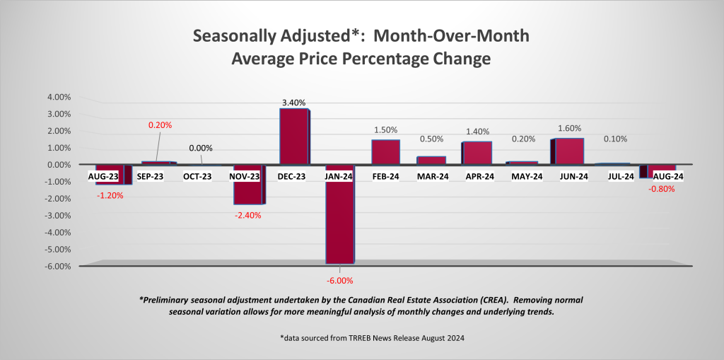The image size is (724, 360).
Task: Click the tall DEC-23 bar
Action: pos(294,136)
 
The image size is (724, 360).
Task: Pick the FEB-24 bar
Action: pos(385,151)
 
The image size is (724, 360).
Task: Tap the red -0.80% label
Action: pos(661,189)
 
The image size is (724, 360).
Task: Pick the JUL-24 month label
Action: pos(615,175)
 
